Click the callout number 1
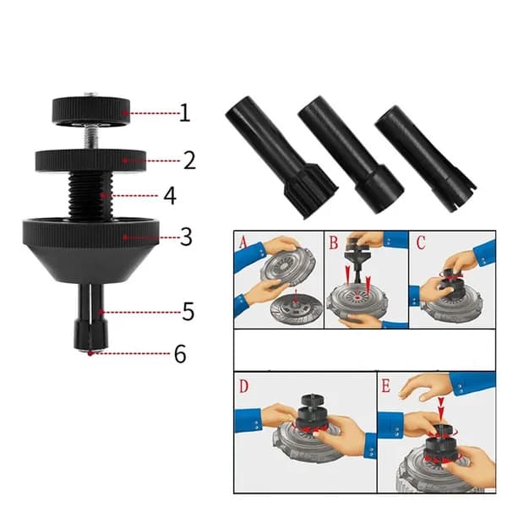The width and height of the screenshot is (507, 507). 184,113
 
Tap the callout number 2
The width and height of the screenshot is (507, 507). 189,161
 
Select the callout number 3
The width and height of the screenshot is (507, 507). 186,237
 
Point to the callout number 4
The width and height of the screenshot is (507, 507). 170,196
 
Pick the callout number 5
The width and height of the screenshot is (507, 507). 188,311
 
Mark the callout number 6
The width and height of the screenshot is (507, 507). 180,353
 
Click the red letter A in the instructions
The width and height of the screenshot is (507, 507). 243,242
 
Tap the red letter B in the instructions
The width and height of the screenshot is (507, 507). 333,243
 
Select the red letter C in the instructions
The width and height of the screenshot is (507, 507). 420,243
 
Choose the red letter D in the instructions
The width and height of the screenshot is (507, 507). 244,386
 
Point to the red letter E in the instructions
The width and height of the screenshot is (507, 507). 386,385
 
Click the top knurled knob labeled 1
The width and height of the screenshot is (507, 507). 91,110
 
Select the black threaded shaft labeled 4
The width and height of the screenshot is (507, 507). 90,195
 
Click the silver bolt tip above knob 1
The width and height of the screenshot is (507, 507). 90,95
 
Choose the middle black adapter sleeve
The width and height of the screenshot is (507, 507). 350,155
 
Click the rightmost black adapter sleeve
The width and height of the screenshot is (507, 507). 425,159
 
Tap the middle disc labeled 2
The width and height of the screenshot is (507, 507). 91,161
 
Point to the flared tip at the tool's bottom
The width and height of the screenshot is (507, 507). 91,335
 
